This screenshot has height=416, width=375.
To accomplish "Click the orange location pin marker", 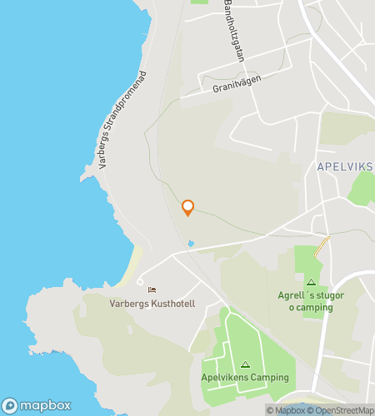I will tap(187, 208).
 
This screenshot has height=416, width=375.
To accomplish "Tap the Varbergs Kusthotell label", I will tap(152, 304).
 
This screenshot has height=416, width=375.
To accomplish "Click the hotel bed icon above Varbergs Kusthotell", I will tap(152, 290).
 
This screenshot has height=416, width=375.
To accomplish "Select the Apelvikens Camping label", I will tap(245, 378).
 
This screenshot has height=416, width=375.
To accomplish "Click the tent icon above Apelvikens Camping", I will tap(245, 364).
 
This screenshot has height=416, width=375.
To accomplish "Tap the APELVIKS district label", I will tap(345, 166).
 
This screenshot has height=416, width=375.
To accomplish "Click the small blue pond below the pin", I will tap(191, 243).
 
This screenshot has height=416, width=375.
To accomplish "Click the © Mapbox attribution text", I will tap(286, 410).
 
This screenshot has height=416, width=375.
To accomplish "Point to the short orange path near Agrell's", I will tap(322, 247).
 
